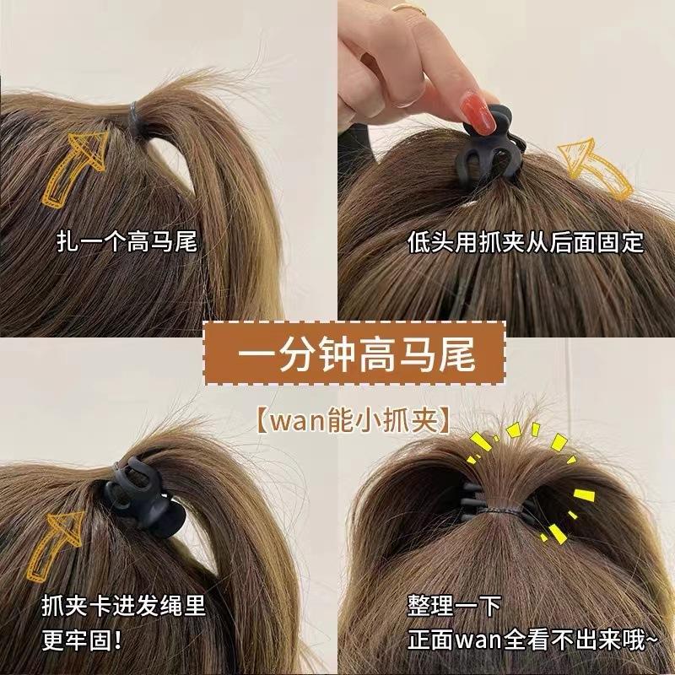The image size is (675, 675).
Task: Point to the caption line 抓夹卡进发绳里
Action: pos(123,604)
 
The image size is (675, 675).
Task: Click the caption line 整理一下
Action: pos(454,604)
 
